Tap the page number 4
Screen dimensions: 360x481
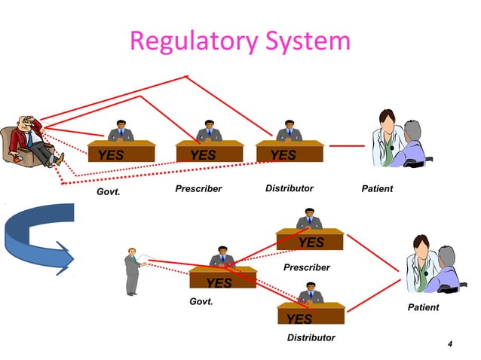pyautogui.click(x=450, y=345)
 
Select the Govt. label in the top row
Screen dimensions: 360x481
pyautogui.click(x=109, y=194)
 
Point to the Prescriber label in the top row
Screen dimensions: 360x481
pyautogui.click(x=198, y=188)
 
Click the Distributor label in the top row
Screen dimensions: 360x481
pyautogui.click(x=289, y=188)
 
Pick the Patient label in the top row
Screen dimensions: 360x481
pyautogui.click(x=377, y=188)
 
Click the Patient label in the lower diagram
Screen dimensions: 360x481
pyautogui.click(x=423, y=307)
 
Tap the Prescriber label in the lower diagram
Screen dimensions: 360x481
pyautogui.click(x=306, y=267)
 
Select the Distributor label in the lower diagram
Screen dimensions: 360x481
pyautogui.click(x=311, y=337)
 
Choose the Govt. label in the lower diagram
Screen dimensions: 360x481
pyautogui.click(x=201, y=301)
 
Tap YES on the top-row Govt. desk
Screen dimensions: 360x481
pyautogui.click(x=106, y=155)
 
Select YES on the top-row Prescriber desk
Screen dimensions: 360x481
pyautogui.click(x=203, y=155)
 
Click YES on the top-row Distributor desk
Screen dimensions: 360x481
pyautogui.click(x=283, y=155)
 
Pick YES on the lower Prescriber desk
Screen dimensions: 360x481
pyautogui.click(x=311, y=243)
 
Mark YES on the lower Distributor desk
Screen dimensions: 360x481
pyautogui.click(x=299, y=319)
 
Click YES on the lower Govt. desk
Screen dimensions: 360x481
pyautogui.click(x=219, y=283)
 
